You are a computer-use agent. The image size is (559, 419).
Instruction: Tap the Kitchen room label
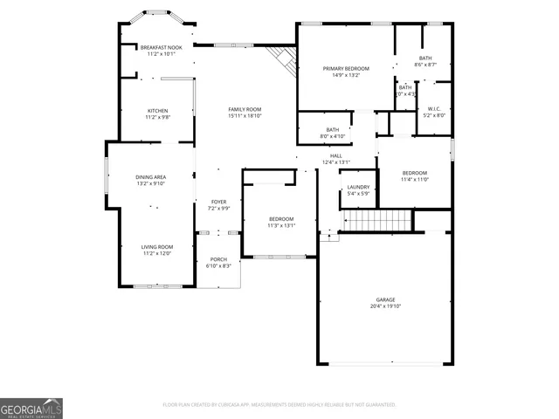[x=157, y=111]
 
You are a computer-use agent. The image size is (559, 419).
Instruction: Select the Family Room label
[x=245, y=109]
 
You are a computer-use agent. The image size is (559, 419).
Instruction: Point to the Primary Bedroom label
[x=346, y=68]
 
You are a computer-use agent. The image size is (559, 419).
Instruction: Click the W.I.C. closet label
[x=434, y=109]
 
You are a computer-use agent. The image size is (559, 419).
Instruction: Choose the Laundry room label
[x=358, y=187]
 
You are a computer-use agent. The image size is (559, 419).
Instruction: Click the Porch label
[x=217, y=259]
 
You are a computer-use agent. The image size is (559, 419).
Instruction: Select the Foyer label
[x=217, y=202]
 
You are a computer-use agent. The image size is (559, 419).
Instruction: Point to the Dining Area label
[x=150, y=177]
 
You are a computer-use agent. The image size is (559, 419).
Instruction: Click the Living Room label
[x=157, y=247]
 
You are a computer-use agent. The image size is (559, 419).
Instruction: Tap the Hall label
[x=336, y=156]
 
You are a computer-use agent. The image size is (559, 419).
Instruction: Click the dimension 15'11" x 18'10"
[x=245, y=115]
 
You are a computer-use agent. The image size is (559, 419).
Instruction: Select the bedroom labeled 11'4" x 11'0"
[x=415, y=175]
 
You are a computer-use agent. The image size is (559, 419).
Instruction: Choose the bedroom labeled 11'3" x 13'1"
[x=281, y=222]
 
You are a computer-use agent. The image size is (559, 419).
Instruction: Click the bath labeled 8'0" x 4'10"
[x=332, y=133]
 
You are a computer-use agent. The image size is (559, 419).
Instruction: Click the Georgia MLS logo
[x=31, y=408]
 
